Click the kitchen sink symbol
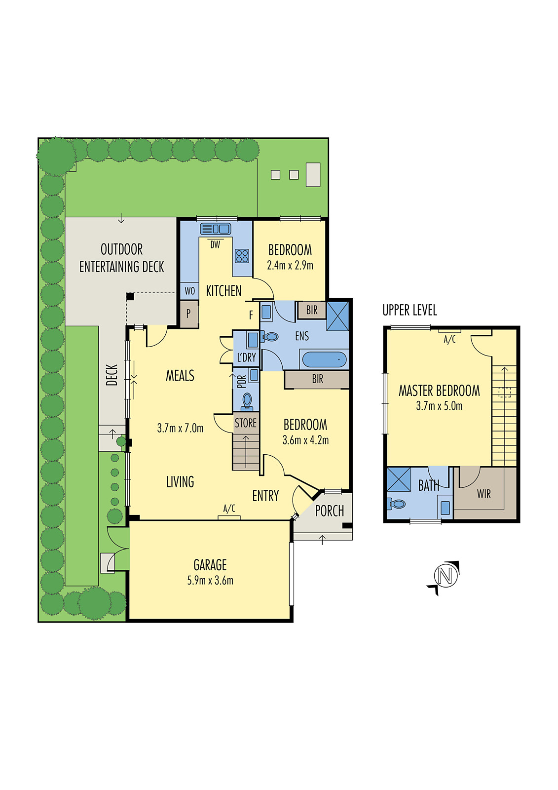coord(216,229)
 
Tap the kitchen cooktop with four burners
coord(242,256)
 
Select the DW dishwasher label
coord(215,244)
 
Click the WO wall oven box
coord(190,291)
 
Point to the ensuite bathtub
coord(324,359)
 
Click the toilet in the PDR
coord(247,400)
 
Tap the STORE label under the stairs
coord(246,423)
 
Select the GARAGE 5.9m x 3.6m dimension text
coord(210,581)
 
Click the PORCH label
coord(330,511)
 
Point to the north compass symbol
coord(445,576)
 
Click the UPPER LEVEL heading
coord(409,310)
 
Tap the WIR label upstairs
coord(484,494)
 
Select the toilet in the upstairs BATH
coord(397,504)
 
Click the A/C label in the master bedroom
coord(449,340)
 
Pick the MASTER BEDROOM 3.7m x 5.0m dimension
coord(439,406)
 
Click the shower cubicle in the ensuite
coord(338,316)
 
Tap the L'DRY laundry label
coord(246,357)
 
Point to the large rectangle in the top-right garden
coord(313,174)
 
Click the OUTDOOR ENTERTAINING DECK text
coord(121,258)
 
